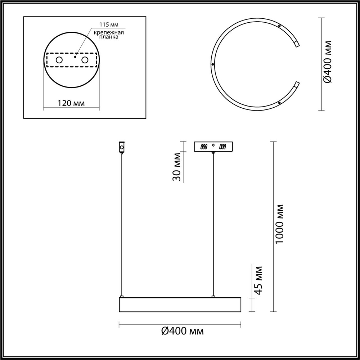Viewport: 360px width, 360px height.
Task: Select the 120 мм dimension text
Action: pos(71,103)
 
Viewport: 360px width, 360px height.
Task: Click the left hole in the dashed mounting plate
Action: pos(59,60)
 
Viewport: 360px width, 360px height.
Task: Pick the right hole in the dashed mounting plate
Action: pos(85,60)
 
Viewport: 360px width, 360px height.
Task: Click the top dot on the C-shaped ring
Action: pos(279,26)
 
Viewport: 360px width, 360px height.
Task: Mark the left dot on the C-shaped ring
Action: pos(213,64)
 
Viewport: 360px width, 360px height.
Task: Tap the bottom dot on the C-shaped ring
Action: pos(279,103)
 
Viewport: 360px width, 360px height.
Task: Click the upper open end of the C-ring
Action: pos(297,44)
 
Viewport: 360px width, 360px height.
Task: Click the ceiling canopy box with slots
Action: pos(213,147)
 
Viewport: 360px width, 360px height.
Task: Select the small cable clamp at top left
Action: pos(122,147)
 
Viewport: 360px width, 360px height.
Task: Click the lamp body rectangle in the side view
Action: pos(180,305)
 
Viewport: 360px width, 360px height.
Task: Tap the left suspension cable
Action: pos(122,223)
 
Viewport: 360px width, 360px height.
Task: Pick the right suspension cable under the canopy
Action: pos(213,223)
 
